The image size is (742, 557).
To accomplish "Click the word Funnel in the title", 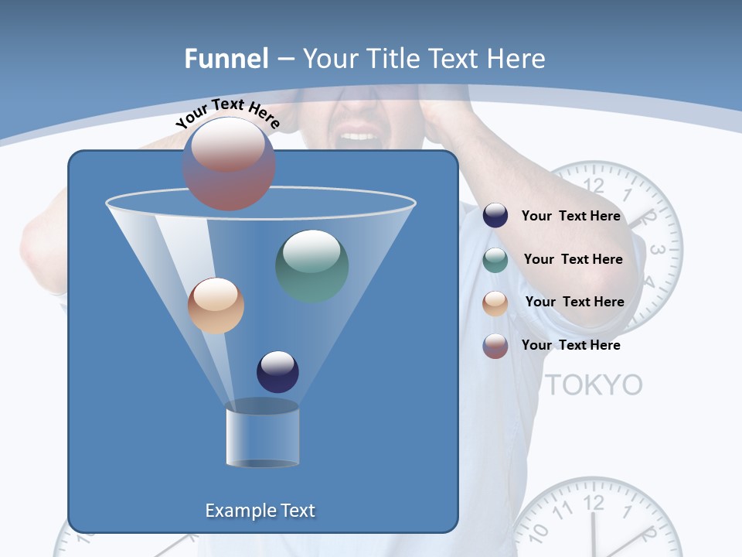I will coord(226,59).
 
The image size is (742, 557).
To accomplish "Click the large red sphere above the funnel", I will coord(229,163).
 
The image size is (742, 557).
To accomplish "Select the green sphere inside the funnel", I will coord(312,265).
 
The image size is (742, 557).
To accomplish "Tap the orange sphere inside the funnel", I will coord(216,306).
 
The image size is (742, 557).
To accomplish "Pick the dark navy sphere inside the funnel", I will coord(277,371).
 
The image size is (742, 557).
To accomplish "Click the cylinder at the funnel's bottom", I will coord(262,433).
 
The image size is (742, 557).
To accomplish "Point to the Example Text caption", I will coord(260,511).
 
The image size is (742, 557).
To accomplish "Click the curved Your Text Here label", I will coord(227,113).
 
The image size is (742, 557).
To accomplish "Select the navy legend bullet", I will coord(495,216).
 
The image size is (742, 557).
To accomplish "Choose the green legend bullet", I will coord(495,260).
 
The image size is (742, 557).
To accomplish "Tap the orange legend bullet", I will coord(495,302).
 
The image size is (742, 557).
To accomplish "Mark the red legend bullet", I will coord(495,346).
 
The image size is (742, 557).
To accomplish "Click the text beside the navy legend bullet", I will coord(571,217).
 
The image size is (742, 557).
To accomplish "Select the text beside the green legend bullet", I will coord(573,260).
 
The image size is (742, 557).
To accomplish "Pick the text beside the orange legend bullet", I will coord(574,302).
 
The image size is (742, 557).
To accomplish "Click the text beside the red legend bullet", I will coord(571,346).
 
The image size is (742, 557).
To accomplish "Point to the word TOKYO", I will coord(594,384).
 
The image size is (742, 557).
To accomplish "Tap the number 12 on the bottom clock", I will coord(593,504).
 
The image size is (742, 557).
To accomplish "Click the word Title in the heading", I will coord(393,59).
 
